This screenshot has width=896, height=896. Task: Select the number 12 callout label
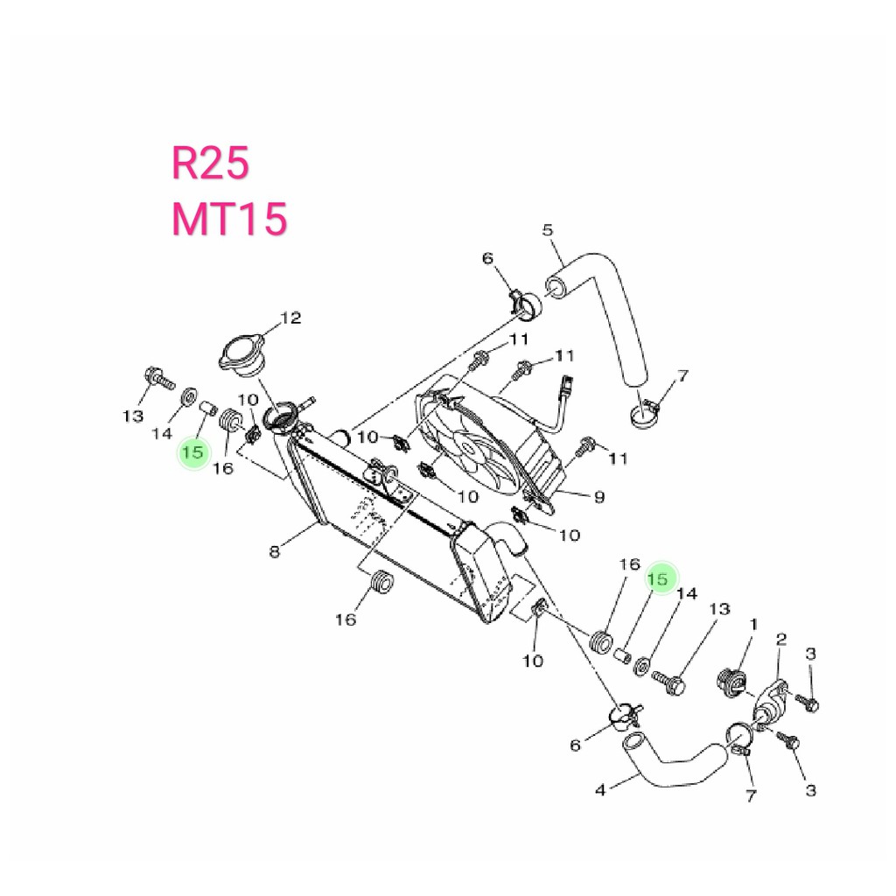[x=290, y=318]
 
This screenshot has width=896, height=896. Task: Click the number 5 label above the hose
[x=548, y=230]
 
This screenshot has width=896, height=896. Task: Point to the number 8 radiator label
[x=275, y=551]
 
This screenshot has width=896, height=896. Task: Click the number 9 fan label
[x=598, y=497]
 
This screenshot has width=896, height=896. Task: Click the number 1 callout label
[x=753, y=624]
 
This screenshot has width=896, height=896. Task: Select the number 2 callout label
[x=781, y=640]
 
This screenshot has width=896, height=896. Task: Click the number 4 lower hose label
[x=600, y=790]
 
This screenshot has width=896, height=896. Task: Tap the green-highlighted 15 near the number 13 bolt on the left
[x=193, y=452]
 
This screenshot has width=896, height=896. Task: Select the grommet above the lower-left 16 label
[x=381, y=581]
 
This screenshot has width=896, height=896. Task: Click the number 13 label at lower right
[x=719, y=608]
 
